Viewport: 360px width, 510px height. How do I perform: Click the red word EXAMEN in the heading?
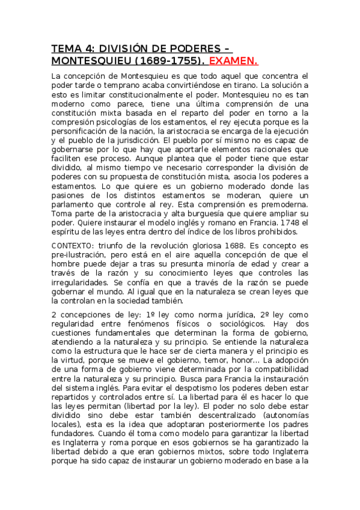coord(233,61)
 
